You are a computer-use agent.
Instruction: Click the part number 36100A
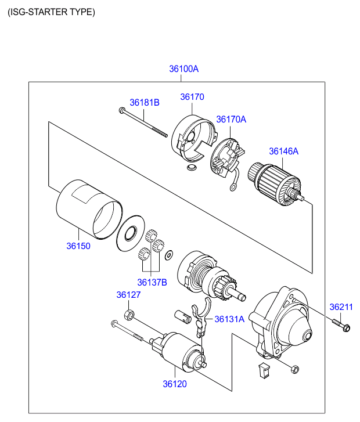pyautogui.click(x=184, y=68)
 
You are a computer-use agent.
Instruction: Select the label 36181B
pyautogui.click(x=145, y=102)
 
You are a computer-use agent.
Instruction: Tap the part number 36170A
pyautogui.click(x=231, y=119)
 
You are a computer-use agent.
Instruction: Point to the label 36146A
pyautogui.click(x=283, y=151)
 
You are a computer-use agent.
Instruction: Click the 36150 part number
pyautogui.click(x=78, y=246)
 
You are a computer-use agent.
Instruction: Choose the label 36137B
pyautogui.click(x=152, y=282)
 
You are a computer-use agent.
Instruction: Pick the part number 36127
pyautogui.click(x=128, y=295)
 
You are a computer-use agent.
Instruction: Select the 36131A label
pyautogui.click(x=230, y=319)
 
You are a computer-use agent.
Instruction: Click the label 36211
pyautogui.click(x=341, y=306)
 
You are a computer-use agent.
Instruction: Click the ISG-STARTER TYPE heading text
pyautogui.click(x=51, y=12)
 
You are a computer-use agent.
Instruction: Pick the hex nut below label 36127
pyautogui.click(x=130, y=315)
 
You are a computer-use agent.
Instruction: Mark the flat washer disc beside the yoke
pyautogui.click(x=131, y=233)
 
